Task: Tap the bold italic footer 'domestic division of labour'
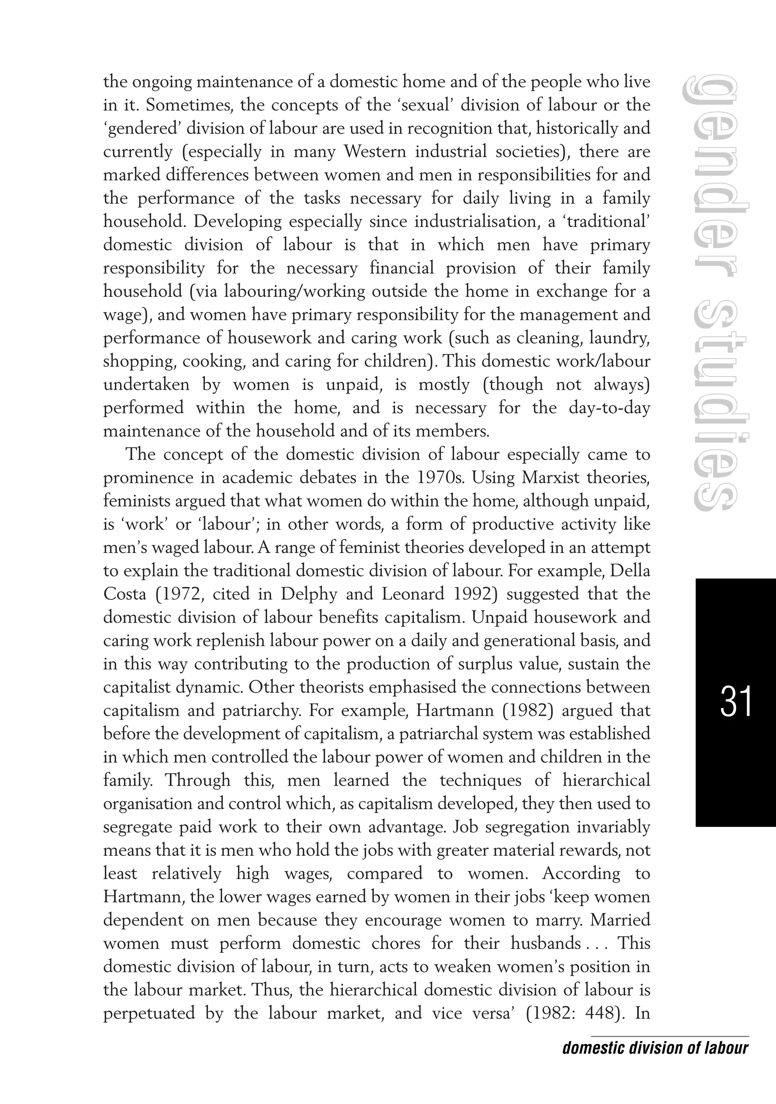tap(656, 1048)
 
